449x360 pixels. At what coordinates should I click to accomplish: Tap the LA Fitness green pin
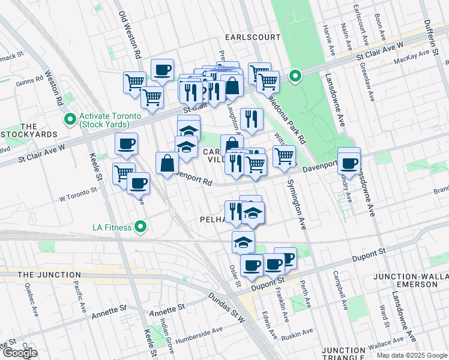(x=140, y=227)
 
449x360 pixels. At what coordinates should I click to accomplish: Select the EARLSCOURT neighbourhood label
(x=252, y=37)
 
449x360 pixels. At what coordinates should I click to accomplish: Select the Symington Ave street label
(x=295, y=199)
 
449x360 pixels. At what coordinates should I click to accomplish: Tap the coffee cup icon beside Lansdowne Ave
(x=349, y=162)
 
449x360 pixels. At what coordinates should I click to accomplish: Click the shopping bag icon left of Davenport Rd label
(x=167, y=163)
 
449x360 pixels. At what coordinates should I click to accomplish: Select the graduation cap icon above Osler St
(x=243, y=241)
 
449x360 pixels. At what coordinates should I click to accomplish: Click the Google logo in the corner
(x=19, y=353)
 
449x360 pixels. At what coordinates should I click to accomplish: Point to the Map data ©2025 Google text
(x=411, y=355)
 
